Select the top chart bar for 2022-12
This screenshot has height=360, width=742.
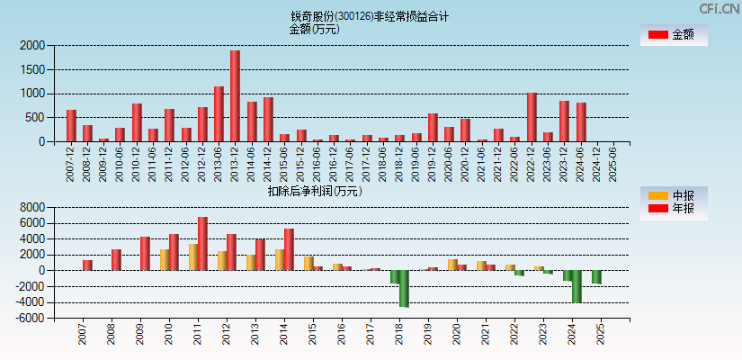(532, 117)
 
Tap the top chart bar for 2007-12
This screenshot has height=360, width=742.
(71, 126)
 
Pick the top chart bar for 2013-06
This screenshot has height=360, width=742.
(219, 114)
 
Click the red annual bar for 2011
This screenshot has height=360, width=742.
(202, 244)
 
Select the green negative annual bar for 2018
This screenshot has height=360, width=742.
(404, 289)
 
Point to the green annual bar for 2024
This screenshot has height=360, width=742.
(577, 286)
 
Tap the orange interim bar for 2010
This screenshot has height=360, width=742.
(165, 260)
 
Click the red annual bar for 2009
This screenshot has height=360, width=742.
(145, 254)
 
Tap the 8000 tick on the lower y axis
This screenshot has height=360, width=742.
(32, 207)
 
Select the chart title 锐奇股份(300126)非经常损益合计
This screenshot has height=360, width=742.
(370, 16)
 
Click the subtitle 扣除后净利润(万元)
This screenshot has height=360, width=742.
(314, 191)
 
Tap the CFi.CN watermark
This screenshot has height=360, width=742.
(719, 8)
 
